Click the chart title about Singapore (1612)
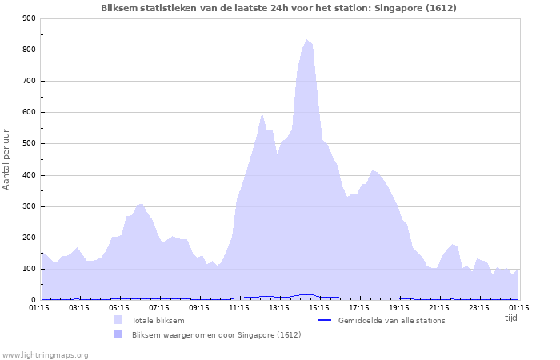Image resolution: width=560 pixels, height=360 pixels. click(279, 8)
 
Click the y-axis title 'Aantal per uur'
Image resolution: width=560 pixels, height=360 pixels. click(7, 158)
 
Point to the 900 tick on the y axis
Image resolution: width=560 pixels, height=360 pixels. click(29, 18)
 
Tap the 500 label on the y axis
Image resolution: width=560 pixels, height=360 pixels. click(29, 144)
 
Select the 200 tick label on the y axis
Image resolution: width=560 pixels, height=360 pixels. click(29, 238)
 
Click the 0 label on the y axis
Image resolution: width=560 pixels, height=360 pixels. click(33, 300)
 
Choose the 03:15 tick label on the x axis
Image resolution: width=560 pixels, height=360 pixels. click(79, 307)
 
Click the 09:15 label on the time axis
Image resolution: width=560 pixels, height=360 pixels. click(199, 307)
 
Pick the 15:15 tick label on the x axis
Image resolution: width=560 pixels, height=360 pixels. click(319, 307)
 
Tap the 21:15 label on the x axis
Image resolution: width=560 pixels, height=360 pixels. click(439, 307)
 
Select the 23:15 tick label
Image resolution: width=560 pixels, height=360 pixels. click(479, 307)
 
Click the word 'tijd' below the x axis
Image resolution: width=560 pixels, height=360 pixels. click(510, 317)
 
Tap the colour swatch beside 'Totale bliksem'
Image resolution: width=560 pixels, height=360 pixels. click(118, 320)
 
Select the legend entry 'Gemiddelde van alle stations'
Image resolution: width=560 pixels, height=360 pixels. click(392, 321)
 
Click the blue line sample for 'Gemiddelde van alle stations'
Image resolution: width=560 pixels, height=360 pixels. click(324, 321)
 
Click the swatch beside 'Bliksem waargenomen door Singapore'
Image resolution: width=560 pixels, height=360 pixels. click(118, 334)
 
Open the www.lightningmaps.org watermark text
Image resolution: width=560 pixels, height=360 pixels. click(45, 354)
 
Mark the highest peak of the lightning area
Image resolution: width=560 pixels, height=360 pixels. click(306, 40)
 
